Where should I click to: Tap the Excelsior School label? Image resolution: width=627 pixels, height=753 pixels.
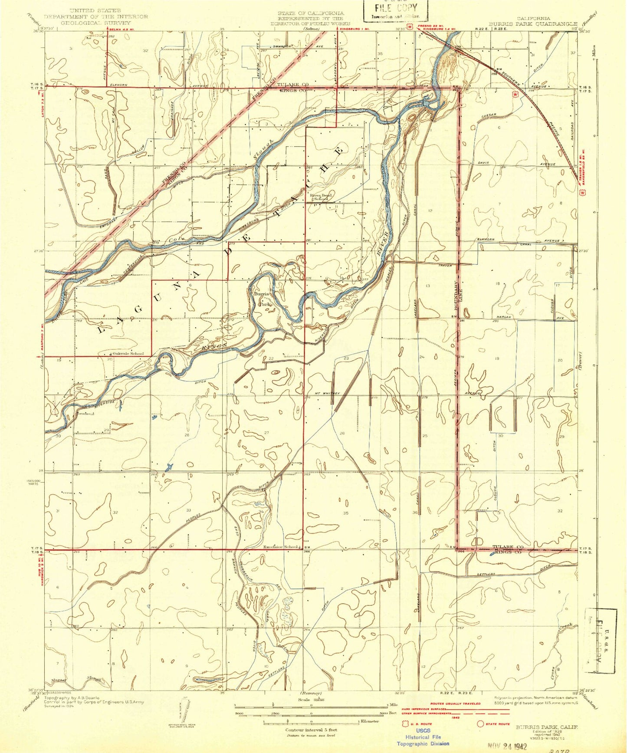280,547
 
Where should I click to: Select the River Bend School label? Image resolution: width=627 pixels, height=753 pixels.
321,197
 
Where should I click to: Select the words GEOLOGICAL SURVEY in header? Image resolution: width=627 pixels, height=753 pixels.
95,23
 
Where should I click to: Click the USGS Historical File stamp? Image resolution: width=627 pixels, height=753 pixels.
423,737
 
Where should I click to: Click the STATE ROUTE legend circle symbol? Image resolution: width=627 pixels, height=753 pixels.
480,724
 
